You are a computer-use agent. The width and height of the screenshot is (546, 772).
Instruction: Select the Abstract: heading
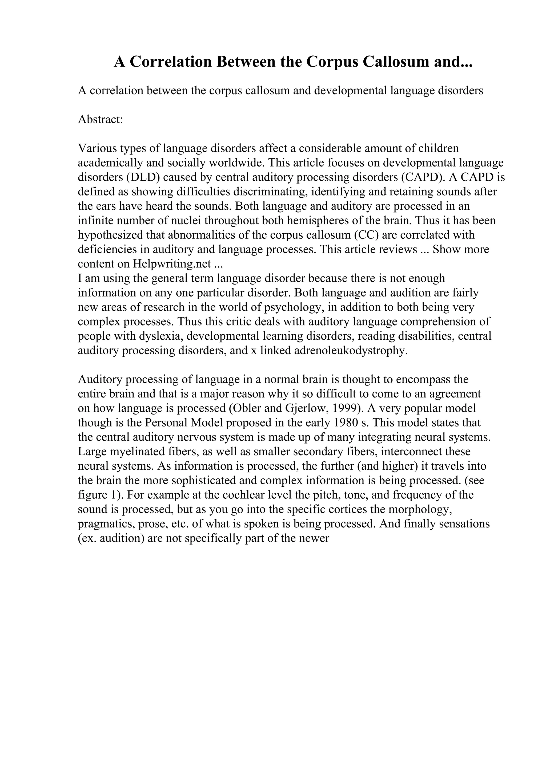[101, 119]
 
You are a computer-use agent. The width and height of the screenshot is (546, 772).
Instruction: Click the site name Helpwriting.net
[172, 264]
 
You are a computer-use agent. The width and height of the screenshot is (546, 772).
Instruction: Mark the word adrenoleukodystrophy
[350, 351]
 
